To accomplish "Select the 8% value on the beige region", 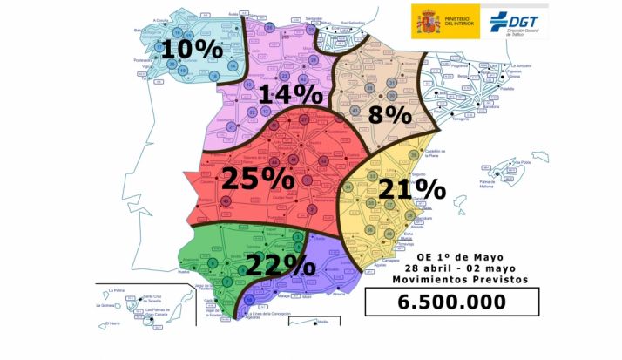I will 388,114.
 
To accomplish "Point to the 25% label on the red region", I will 258,178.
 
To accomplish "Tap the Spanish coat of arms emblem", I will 428,20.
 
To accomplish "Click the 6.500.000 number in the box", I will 451,302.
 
